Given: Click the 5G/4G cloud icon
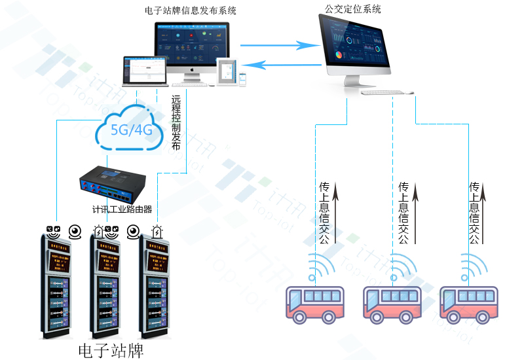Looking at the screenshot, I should coord(132,129).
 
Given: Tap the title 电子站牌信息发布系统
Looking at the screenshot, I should coord(191,10).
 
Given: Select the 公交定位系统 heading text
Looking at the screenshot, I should coord(353,9).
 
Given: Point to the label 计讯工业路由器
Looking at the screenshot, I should coord(122,209).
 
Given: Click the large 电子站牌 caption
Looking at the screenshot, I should coord(110,350).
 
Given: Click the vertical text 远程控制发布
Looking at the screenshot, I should coord(176,124).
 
